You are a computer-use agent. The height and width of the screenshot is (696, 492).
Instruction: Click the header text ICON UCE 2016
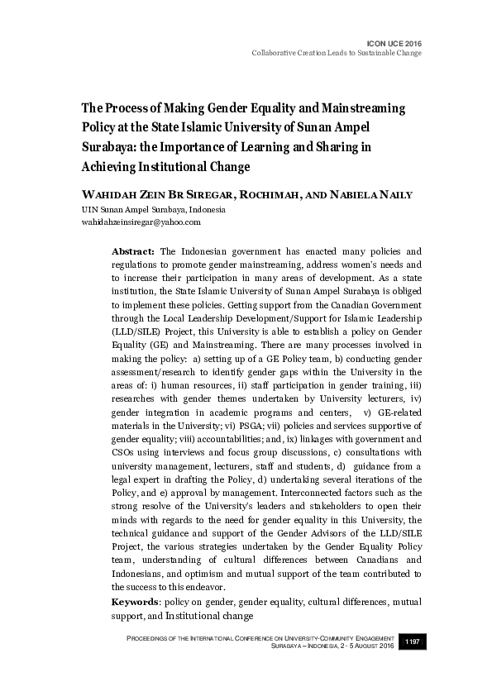point(393,42)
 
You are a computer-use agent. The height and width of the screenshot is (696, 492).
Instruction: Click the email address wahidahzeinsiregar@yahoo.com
point(141,222)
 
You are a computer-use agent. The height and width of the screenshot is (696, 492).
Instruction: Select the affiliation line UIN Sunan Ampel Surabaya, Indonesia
point(147,210)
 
